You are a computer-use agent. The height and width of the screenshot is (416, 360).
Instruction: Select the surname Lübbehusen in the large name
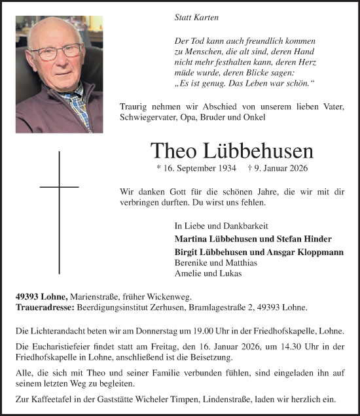click(260, 151)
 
